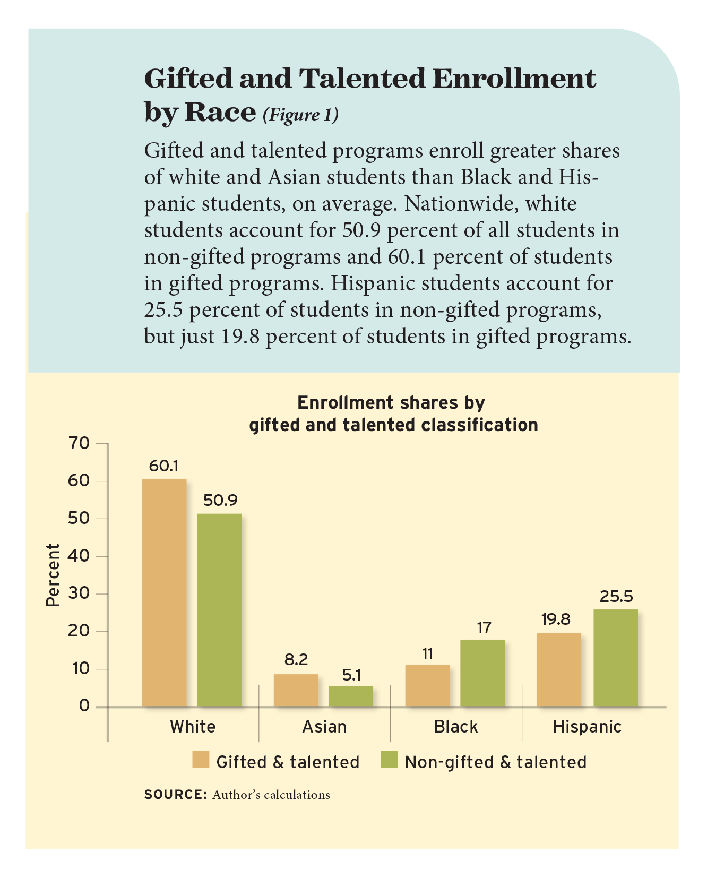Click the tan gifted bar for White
point(164,592)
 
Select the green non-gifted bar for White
point(219,610)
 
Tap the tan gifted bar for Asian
point(296,690)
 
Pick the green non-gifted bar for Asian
point(351,696)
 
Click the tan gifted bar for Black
point(427,685)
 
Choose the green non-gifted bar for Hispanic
point(616,658)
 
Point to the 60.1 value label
point(163,466)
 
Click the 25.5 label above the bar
point(616,597)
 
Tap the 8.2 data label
point(296,660)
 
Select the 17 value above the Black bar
point(484,628)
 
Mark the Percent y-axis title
point(52,575)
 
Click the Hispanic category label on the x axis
point(587,727)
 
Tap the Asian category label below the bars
point(324,727)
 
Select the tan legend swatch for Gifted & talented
point(201,760)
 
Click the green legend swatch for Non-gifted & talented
point(389,760)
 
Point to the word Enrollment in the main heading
point(514,79)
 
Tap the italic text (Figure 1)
point(300,115)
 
